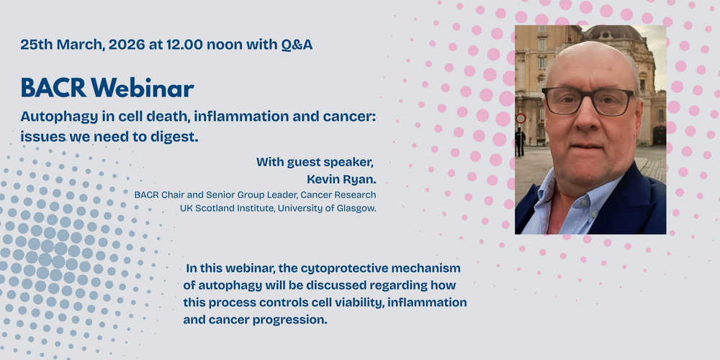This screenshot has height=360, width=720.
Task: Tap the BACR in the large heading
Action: [53, 88]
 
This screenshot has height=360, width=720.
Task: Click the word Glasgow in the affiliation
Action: [356, 209]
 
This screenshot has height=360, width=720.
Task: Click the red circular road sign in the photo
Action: [521, 119]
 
